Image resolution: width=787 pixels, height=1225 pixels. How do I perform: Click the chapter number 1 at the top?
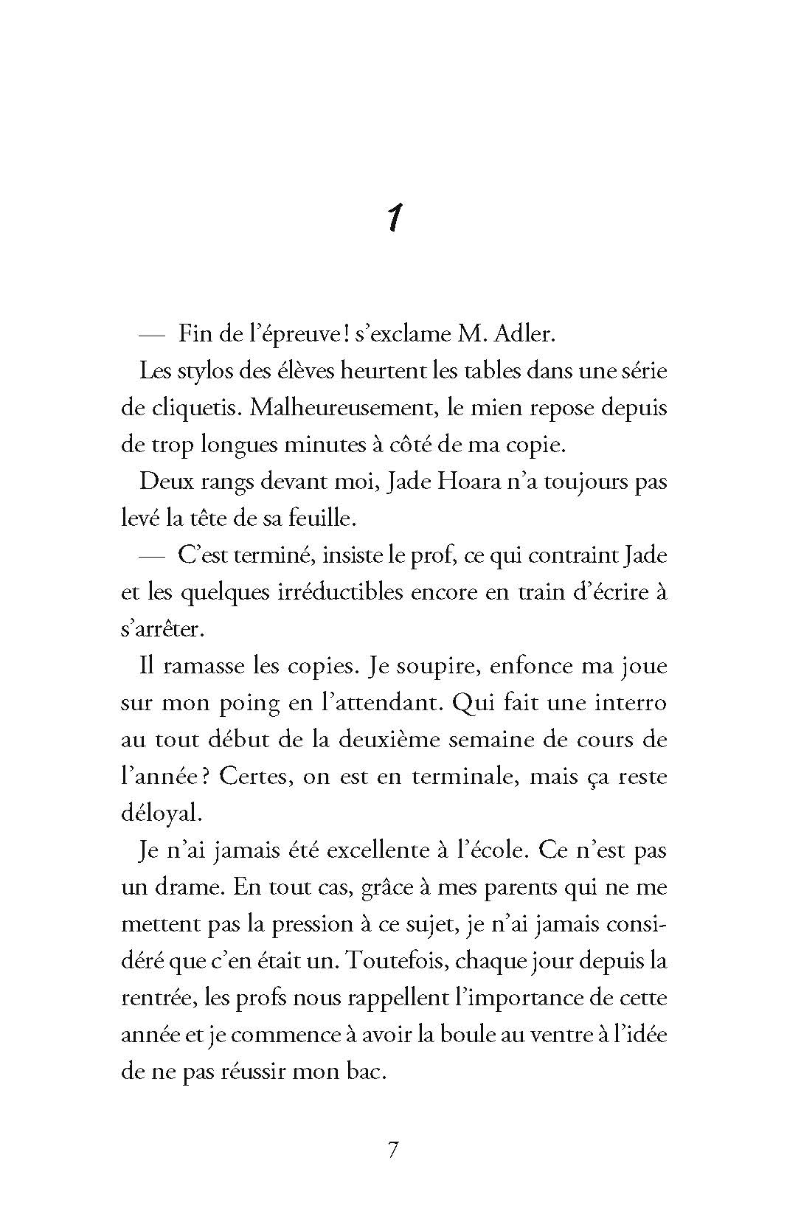coord(394,218)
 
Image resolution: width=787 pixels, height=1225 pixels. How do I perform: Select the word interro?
coord(635,703)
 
